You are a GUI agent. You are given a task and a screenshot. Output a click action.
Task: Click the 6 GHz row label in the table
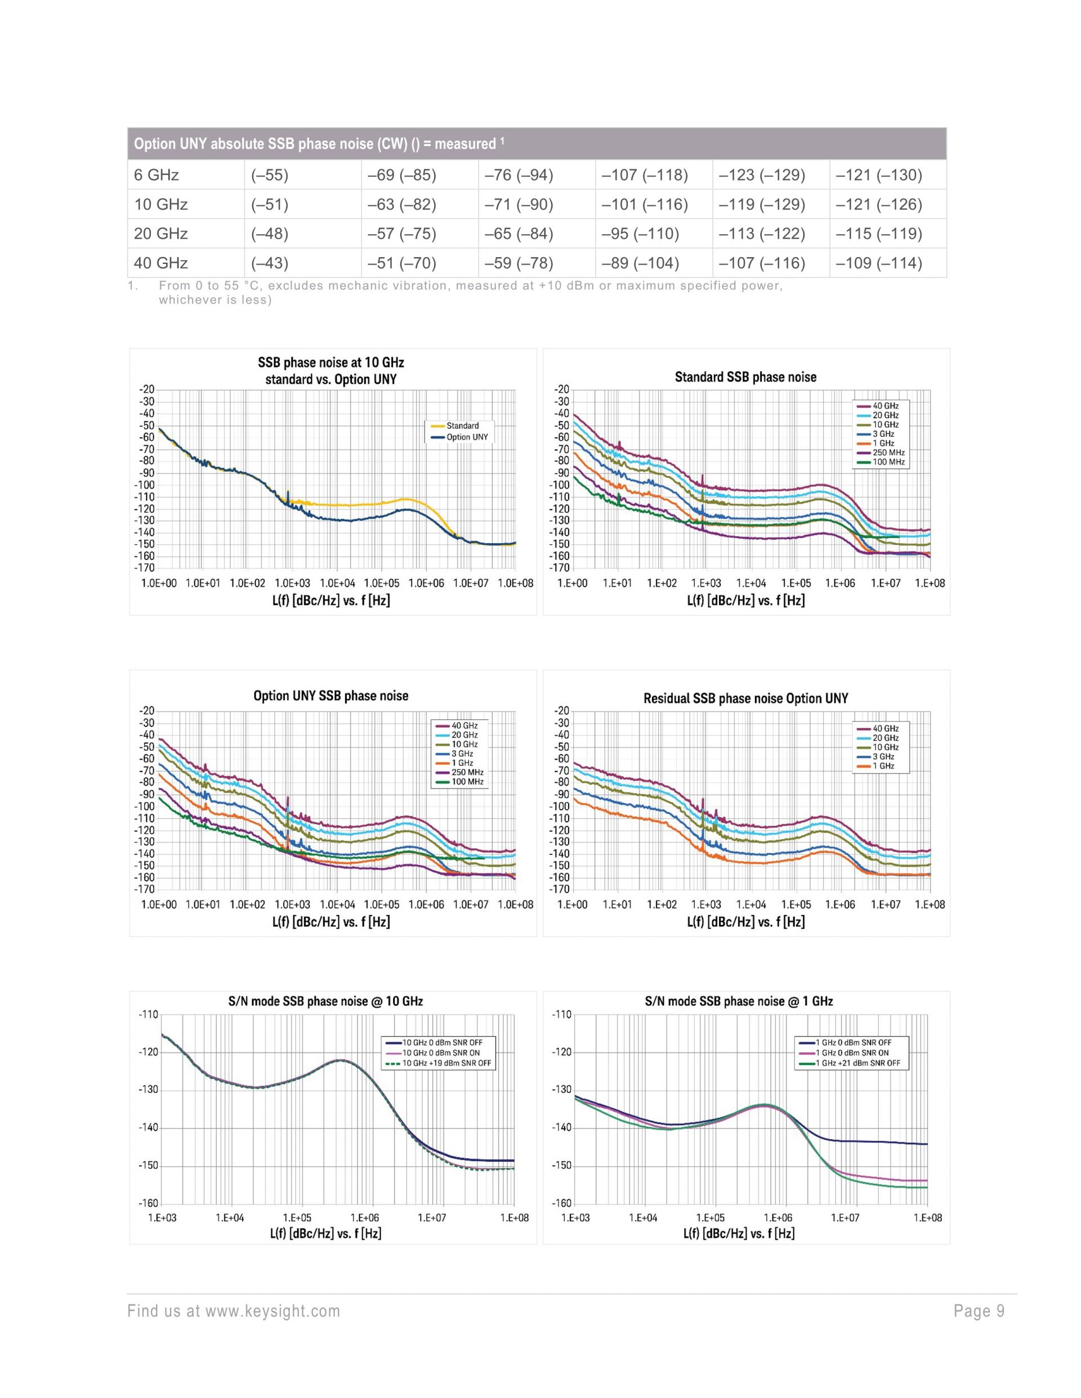pyautogui.click(x=157, y=176)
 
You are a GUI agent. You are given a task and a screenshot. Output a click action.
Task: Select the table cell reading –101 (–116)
pyautogui.click(x=644, y=205)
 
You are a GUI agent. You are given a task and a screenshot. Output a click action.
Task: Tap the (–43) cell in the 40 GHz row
pyautogui.click(x=270, y=263)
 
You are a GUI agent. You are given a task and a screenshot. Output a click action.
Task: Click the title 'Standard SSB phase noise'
pyautogui.click(x=745, y=377)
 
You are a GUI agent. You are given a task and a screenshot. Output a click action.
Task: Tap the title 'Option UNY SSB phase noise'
pyautogui.click(x=330, y=696)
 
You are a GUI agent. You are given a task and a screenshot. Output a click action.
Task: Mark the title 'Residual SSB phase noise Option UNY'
pyautogui.click(x=745, y=698)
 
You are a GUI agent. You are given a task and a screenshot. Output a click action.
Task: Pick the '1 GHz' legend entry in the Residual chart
pyautogui.click(x=883, y=765)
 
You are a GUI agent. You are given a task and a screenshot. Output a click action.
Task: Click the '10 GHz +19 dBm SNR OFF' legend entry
pyautogui.click(x=446, y=1063)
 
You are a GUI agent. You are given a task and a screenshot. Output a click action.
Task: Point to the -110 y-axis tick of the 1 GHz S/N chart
pyautogui.click(x=561, y=1014)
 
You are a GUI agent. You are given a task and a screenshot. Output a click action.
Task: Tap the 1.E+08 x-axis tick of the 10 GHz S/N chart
pyautogui.click(x=514, y=1217)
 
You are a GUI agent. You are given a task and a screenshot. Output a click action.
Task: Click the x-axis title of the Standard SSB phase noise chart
pyautogui.click(x=745, y=601)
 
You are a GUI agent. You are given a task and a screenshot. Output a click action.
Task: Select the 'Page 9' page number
pyautogui.click(x=979, y=1311)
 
